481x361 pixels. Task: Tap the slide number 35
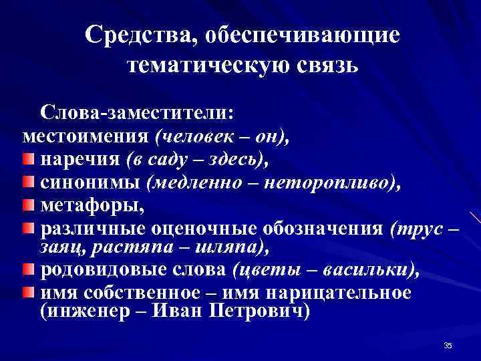[448, 345]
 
